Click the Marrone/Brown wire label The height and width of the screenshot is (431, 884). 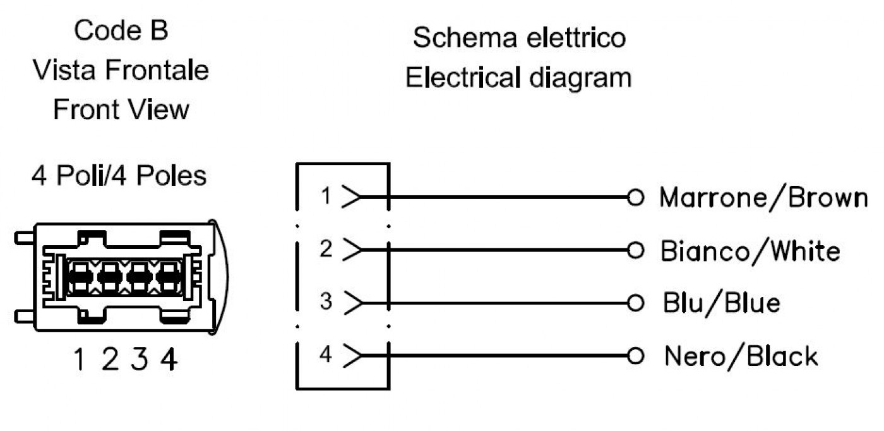(763, 198)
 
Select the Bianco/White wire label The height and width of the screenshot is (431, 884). (750, 251)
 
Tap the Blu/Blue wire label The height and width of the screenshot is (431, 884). (721, 303)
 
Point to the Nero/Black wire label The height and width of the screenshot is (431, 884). (741, 356)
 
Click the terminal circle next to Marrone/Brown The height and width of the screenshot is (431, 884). (635, 197)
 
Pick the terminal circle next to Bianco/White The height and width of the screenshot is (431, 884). (635, 250)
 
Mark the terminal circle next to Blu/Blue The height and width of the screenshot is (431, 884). (635, 303)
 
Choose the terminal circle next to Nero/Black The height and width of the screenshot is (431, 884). (635, 356)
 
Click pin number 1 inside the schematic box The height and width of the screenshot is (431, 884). (326, 195)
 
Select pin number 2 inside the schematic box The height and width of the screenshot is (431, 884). (326, 248)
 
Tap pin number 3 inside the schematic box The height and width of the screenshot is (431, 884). (326, 301)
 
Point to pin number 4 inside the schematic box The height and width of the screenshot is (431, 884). (326, 354)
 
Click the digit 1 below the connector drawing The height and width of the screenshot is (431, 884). (80, 359)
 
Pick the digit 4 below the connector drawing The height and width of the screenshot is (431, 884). (169, 359)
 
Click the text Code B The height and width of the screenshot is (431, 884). (121, 30)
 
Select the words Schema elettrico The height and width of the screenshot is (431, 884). (519, 38)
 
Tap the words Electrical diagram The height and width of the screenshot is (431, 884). (518, 78)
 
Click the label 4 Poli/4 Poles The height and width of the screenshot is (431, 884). (119, 176)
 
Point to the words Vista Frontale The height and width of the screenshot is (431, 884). (121, 70)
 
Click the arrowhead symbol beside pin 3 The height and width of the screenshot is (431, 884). (352, 303)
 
